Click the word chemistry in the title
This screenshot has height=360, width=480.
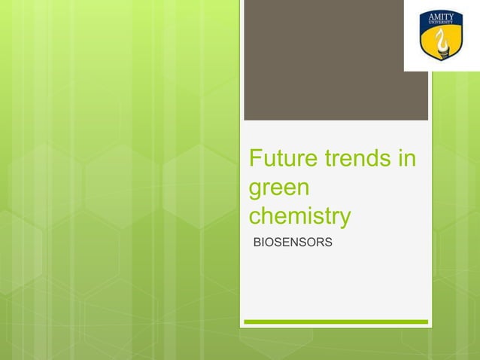(299, 217)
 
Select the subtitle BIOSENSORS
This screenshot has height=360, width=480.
(293, 243)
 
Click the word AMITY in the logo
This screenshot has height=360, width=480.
(441, 17)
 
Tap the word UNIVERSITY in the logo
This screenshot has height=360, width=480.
(441, 23)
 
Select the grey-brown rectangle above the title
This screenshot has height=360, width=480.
(336, 60)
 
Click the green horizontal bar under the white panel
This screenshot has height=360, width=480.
(336, 322)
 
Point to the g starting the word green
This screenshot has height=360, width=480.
(256, 190)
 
